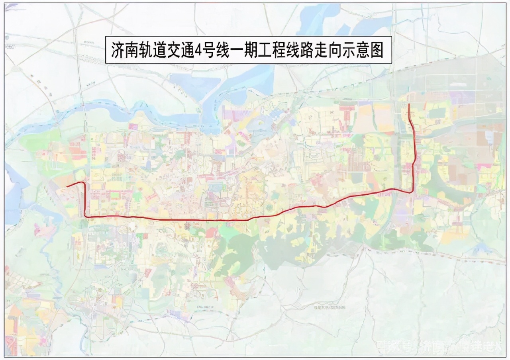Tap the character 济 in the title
coord(118,51)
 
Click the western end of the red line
coord(67,186)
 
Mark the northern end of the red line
coord(410,104)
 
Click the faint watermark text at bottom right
coord(438,346)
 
